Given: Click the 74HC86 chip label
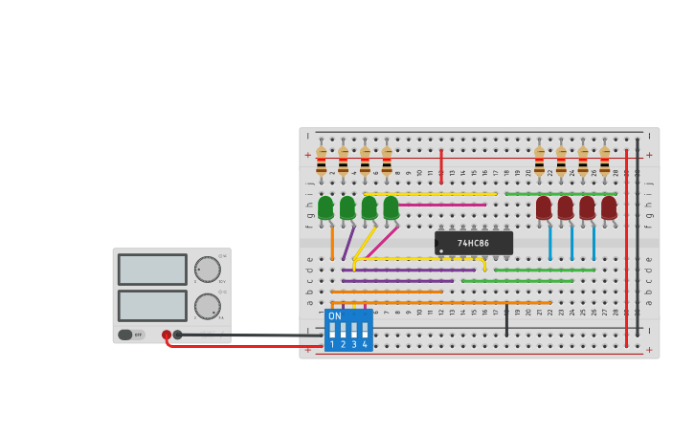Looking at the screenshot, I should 473,244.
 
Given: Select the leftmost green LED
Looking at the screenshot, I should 325,207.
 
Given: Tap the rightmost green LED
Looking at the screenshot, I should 391,207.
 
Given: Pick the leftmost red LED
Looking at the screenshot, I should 544,207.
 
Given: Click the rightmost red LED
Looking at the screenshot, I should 609,207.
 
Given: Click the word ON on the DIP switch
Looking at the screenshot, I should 334,316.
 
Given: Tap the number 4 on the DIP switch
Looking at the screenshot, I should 365,344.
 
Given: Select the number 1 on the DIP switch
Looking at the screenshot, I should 332,344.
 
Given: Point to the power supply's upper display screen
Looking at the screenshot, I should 152,270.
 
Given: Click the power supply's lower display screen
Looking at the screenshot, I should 152,306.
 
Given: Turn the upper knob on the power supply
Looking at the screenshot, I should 207,270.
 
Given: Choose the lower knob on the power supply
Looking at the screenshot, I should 207,306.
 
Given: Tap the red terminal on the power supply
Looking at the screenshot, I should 167,335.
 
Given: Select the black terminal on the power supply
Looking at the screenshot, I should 177,335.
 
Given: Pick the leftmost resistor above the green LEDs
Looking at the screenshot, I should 322,161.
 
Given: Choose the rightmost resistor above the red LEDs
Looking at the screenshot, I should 604,161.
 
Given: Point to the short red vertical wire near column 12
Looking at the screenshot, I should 441,165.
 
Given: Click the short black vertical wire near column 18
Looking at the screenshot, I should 506,320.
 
